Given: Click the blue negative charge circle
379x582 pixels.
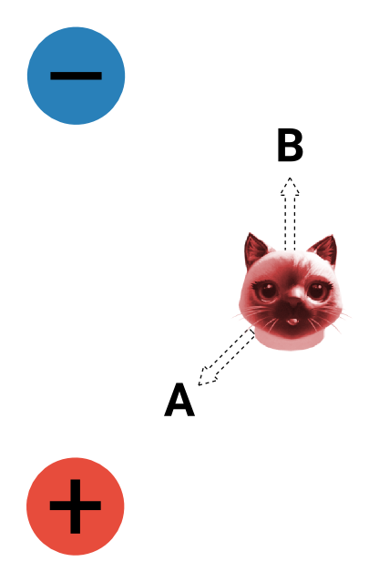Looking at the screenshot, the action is [x=77, y=76].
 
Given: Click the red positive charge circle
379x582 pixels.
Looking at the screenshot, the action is [x=76, y=506].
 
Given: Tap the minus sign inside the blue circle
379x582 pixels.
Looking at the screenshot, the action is [x=77, y=76].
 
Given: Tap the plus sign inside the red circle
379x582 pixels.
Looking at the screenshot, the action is [x=76, y=506].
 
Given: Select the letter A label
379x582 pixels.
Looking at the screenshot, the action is [x=179, y=400].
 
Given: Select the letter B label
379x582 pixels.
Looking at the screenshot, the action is [x=290, y=145].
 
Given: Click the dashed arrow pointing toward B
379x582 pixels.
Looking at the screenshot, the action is [x=290, y=214].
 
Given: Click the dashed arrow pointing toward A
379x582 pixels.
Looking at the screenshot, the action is [x=227, y=356].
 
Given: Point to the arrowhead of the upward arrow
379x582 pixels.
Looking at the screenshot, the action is [x=290, y=187].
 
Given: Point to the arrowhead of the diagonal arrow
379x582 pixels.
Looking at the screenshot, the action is [x=206, y=377].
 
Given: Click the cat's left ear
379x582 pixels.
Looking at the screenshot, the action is [x=255, y=250].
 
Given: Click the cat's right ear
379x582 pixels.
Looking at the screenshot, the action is [x=323, y=250].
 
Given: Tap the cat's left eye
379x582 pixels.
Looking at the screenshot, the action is [x=267, y=291].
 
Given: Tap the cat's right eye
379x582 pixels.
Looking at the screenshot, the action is [x=317, y=290].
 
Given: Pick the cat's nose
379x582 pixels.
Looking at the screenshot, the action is [x=293, y=302].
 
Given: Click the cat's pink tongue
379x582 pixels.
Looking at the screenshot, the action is [x=292, y=322].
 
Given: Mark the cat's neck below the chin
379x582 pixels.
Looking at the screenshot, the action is [x=292, y=340].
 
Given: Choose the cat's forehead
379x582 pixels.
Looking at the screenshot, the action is [x=292, y=265].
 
